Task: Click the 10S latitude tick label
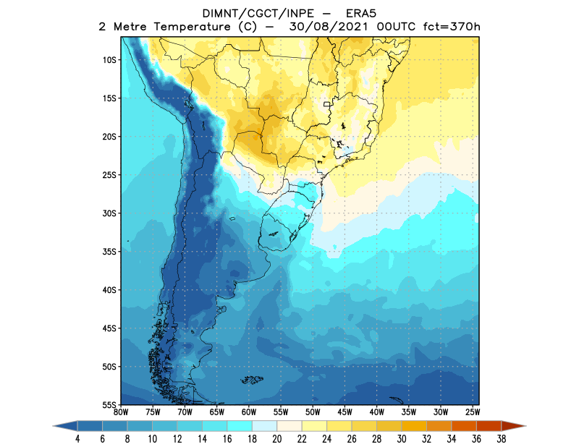pos(110,60)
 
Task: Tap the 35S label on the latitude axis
pos(110,252)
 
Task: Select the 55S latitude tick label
pos(110,405)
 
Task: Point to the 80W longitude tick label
pos(121,412)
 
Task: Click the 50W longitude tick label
pos(312,412)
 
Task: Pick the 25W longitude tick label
pos(471,412)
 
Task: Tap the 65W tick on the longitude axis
pos(216,412)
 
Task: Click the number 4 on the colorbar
pos(76,439)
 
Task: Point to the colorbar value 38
pos(501,439)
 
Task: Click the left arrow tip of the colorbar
pos(55,427)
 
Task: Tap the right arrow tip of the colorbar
pos(524,427)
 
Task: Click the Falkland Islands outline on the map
pos(251,379)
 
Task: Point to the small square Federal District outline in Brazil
pos(327,105)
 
